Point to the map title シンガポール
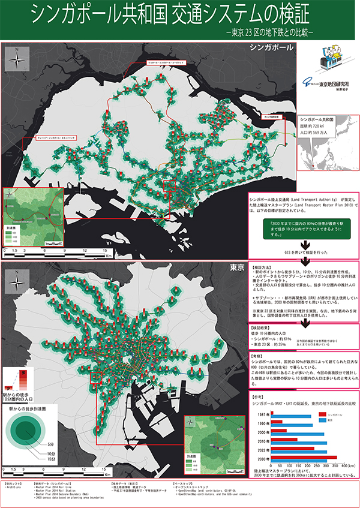(x=270, y=47)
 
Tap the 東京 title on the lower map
(x=236, y=266)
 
